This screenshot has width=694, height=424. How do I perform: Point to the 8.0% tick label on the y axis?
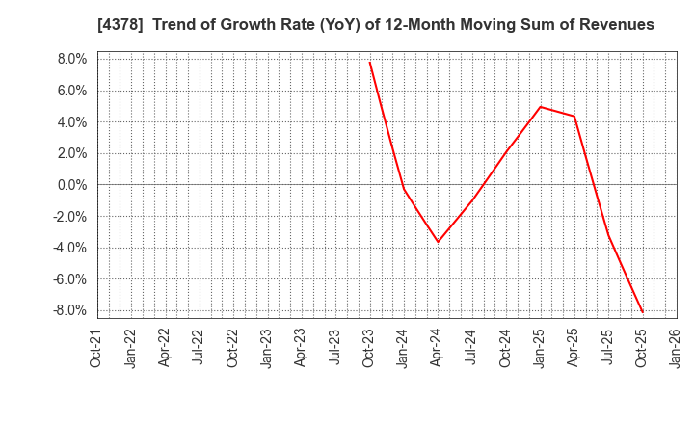point(73,59)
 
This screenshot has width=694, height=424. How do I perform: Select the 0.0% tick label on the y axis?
point(73,185)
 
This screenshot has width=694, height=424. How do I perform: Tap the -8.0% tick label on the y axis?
point(70,310)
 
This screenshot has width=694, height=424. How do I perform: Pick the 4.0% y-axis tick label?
point(73,122)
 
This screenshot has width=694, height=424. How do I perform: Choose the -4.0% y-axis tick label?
point(70,248)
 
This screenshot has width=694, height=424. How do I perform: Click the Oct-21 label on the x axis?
point(96,350)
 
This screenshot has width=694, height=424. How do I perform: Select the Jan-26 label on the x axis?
point(677,350)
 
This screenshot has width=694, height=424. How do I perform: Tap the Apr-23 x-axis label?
point(302,350)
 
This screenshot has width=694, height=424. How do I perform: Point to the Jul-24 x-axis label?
point(472,350)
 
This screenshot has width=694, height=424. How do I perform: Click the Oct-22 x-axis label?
point(233,350)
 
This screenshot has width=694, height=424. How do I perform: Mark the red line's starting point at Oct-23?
point(370,62)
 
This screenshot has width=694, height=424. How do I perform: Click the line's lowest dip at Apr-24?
point(438,242)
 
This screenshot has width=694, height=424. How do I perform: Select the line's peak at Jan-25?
point(541,106)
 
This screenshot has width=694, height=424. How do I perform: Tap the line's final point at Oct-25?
point(643,312)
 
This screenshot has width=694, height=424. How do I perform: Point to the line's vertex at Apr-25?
point(574,117)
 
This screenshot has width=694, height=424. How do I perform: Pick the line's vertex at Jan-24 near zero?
point(404,188)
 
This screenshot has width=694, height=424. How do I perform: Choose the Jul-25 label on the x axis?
point(608,350)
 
